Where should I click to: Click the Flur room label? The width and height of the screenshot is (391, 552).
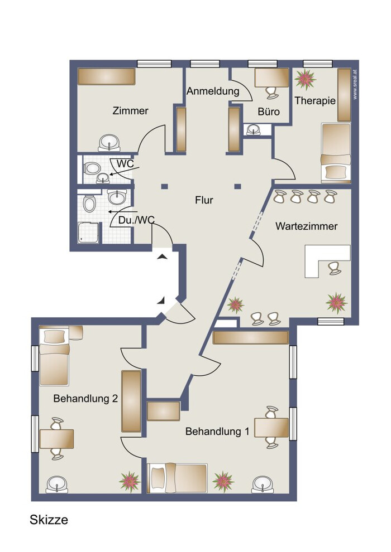coord(204,200)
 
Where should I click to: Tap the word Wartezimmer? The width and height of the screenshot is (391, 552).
coord(307,226)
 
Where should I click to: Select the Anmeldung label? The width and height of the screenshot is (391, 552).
coord(213,91)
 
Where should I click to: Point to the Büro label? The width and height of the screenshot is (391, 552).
coord(269,112)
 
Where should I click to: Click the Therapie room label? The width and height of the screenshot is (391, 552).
coord(315,101)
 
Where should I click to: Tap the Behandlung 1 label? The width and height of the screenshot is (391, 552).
coord(217,431)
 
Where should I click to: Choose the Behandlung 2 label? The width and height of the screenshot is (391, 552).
coord(85,399)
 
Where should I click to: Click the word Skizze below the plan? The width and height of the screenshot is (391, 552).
coord(49,520)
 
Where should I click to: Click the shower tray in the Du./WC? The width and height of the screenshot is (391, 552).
coord(88,233)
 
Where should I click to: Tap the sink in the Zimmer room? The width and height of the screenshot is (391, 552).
coord(109,143)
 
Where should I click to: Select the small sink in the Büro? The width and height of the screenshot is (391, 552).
coord(253,130)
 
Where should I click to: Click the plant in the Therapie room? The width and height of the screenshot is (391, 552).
coord(305,79)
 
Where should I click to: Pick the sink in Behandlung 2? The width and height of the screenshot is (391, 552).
coord(57,485)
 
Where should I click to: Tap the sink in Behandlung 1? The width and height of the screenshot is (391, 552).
coord(263,485)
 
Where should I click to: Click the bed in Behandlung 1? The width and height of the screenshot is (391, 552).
coord(177,478)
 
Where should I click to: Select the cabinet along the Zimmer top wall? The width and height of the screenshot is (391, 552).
coord(107,76)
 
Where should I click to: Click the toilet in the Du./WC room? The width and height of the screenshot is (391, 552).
coord(89,203)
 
